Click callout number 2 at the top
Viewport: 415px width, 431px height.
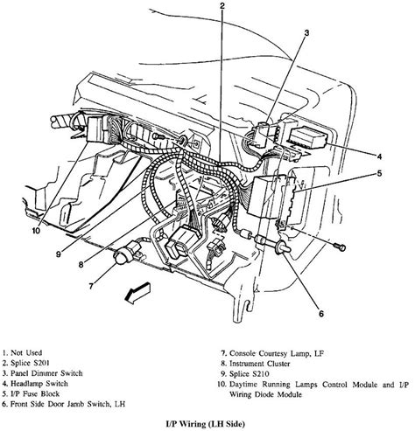click(223, 8)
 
